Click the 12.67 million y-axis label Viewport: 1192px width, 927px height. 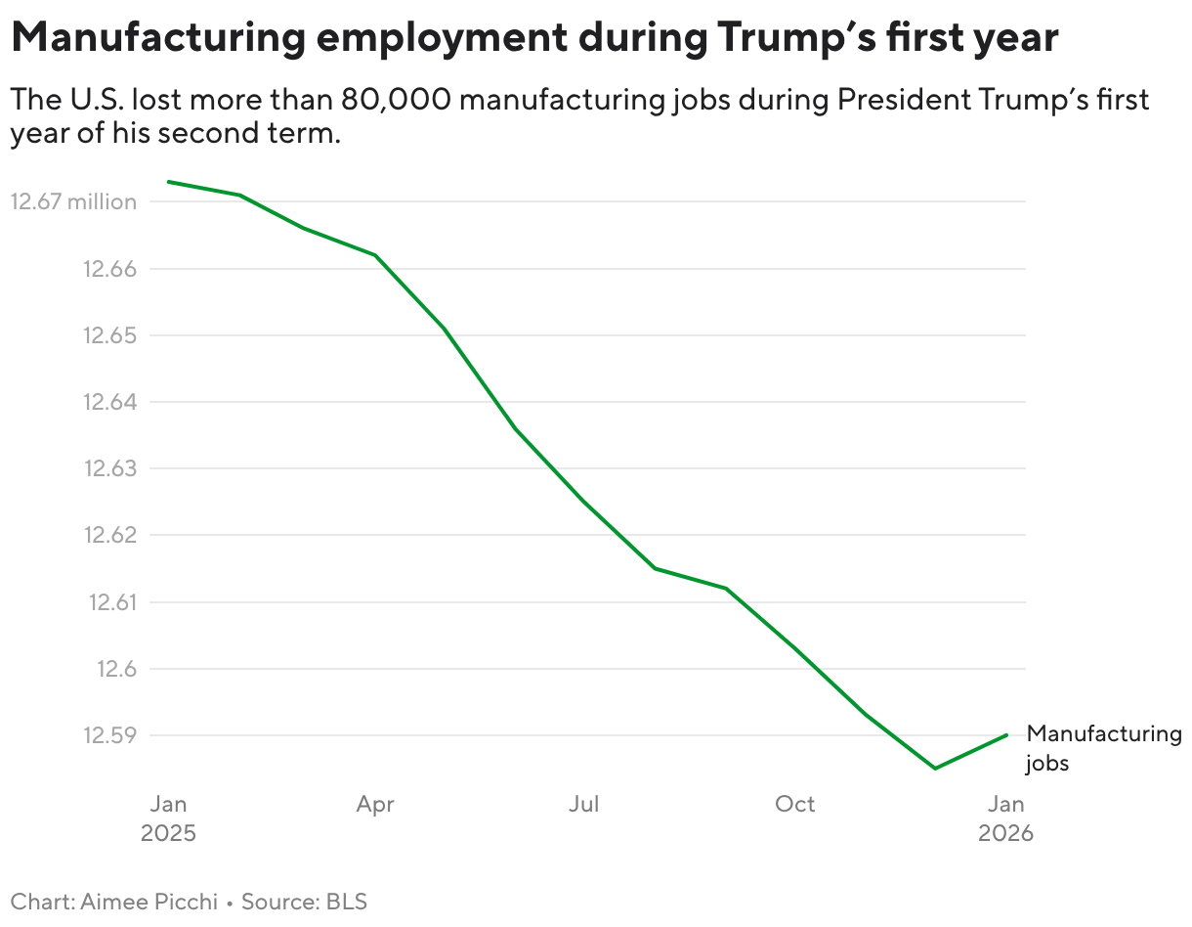[73, 202]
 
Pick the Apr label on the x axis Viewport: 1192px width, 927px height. [375, 805]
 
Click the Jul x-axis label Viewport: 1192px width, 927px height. [584, 805]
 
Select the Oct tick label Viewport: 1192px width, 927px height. [794, 805]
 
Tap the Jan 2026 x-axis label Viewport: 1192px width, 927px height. [1006, 818]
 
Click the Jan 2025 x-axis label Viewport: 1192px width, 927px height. [168, 818]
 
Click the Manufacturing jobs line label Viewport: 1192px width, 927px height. [1103, 748]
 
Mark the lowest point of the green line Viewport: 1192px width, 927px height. [935, 769]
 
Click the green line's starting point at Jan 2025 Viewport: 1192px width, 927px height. [168, 181]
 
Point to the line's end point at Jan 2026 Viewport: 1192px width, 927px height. [1006, 734]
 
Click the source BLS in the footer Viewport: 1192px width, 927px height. [347, 902]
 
